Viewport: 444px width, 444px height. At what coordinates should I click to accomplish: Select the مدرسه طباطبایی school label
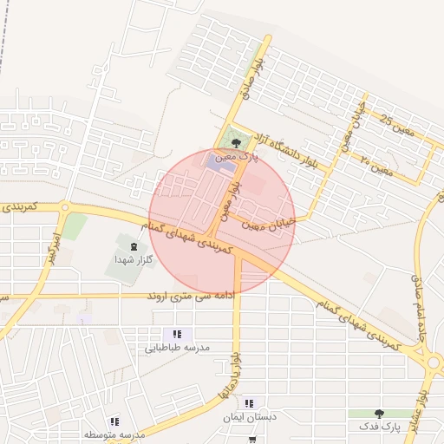click(x=177, y=349)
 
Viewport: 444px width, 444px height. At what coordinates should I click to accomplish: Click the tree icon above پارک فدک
click(x=378, y=413)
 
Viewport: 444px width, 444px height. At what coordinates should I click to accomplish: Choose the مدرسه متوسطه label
click(x=114, y=434)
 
